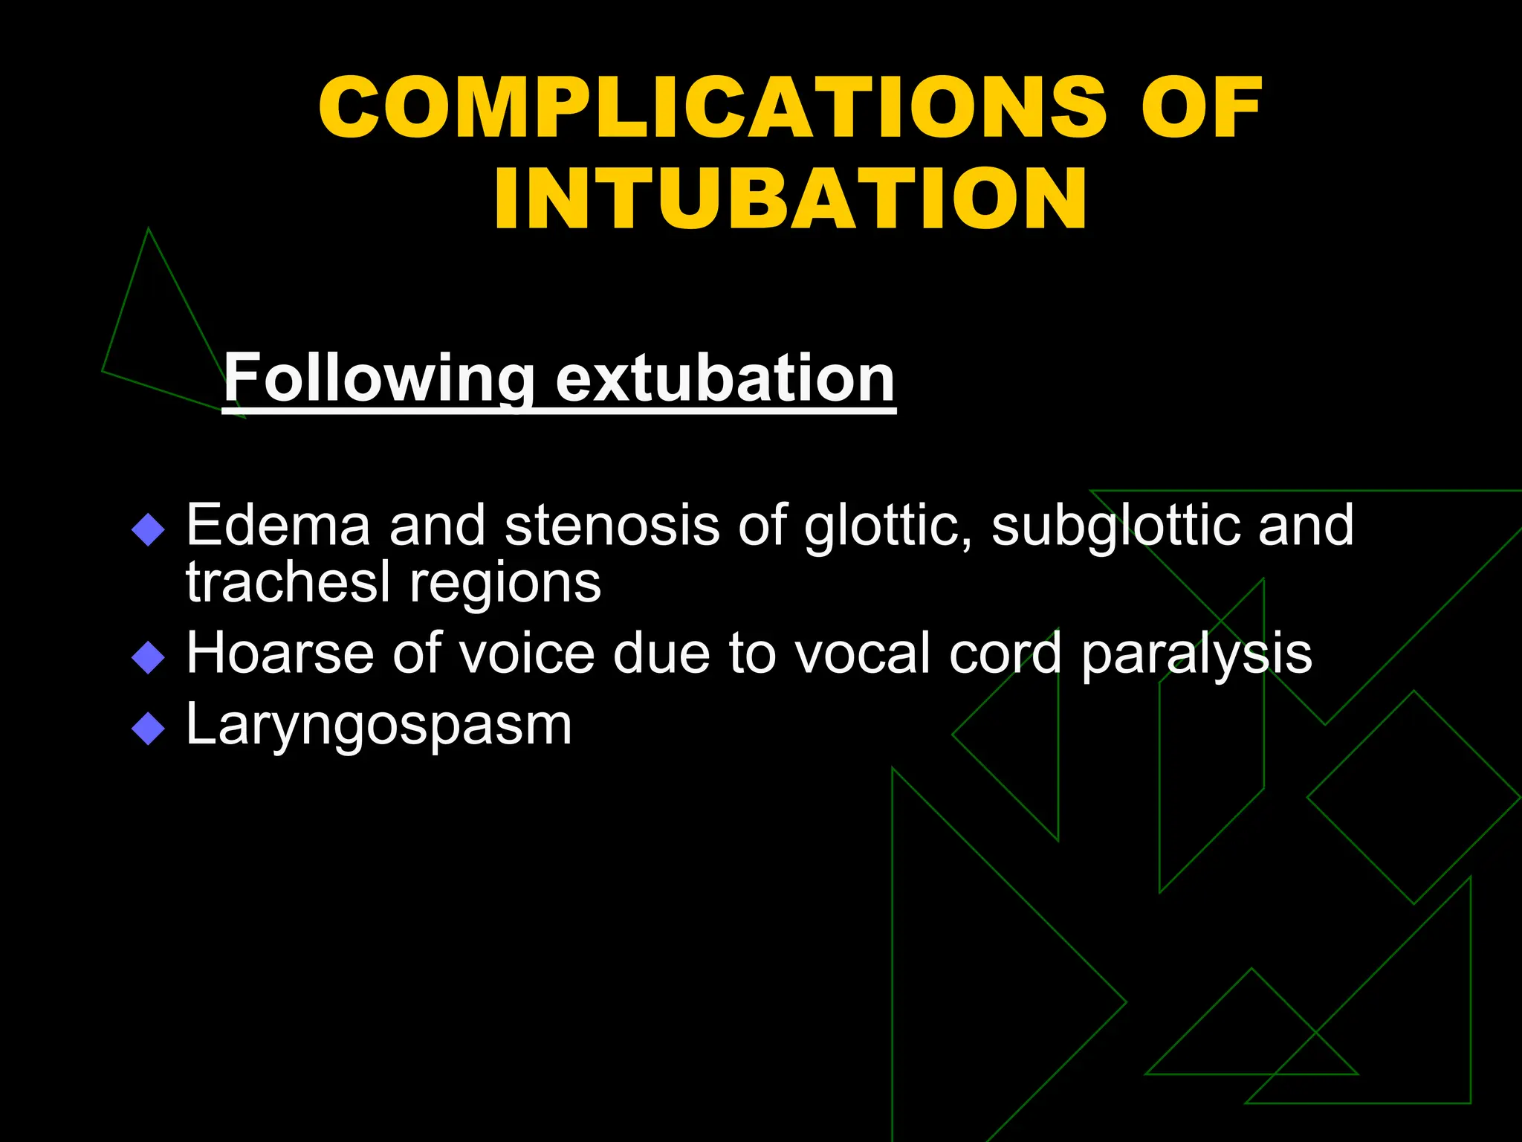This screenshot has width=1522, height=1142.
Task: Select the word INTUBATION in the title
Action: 790,199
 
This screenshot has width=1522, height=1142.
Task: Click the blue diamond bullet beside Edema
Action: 148,530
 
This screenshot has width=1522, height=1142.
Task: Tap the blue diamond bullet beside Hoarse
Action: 148,658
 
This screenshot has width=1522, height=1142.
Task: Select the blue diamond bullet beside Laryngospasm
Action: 148,729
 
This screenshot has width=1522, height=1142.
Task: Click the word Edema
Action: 278,525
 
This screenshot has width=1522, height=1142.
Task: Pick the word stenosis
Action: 611,525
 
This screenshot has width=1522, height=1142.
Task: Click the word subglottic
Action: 1115,525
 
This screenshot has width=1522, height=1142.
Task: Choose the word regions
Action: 505,584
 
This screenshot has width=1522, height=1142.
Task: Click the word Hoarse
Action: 279,653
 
